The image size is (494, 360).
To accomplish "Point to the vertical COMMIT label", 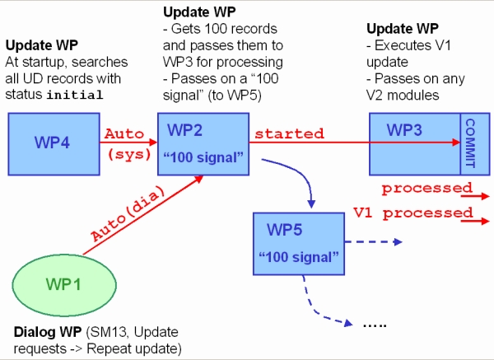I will tap(470, 141).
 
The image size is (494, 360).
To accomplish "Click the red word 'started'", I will tap(289, 133).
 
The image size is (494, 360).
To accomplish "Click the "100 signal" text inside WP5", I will tap(299, 255).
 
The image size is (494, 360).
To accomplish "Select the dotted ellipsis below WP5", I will tap(375, 325).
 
